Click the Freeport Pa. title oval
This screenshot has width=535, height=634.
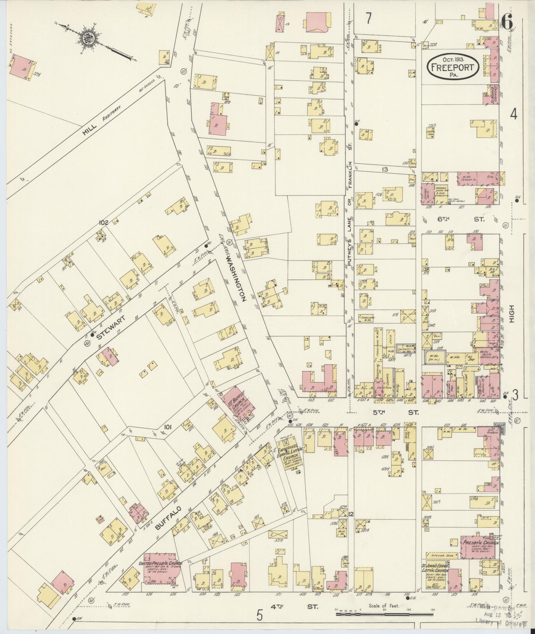coord(453,67)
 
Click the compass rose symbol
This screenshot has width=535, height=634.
coord(90,37)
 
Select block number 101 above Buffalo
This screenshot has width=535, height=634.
coord(167,427)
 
